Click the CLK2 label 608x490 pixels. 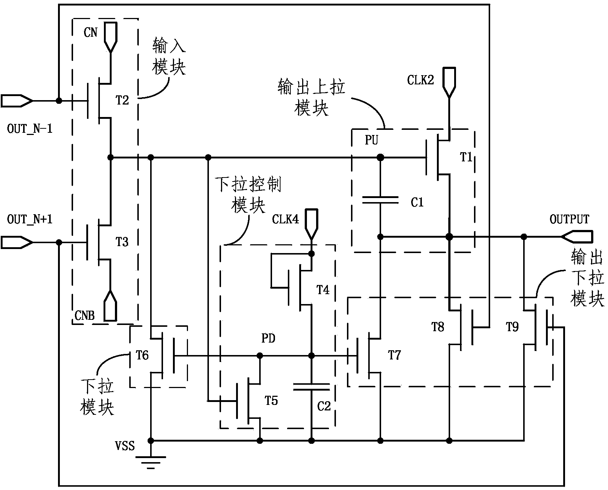click(420, 80)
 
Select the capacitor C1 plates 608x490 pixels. click(380, 200)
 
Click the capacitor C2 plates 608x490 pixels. click(311, 387)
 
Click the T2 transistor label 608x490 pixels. click(122, 100)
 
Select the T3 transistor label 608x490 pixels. click(122, 242)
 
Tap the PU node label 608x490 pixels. click(372, 140)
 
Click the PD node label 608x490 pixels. click(268, 339)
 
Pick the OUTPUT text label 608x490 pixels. click(569, 219)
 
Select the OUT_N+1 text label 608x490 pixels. click(30, 219)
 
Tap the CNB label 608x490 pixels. click(84, 315)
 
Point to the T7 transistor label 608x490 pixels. click(394, 355)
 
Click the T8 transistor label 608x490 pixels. click(438, 327)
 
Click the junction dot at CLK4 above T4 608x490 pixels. click(311, 253)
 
